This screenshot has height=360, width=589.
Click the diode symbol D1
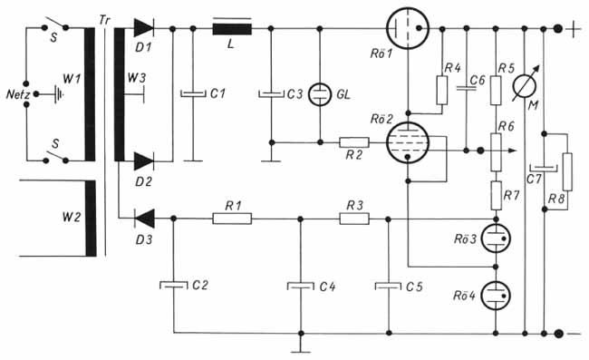click(x=143, y=28)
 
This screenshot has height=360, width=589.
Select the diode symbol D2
click(x=143, y=161)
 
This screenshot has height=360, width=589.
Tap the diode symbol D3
click(x=145, y=218)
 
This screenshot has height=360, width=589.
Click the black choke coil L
click(x=232, y=28)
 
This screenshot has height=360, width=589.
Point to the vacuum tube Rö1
click(x=408, y=28)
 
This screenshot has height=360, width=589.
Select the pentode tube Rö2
click(x=408, y=142)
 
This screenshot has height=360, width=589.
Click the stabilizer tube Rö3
click(x=496, y=238)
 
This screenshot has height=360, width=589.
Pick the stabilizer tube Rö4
click(x=496, y=296)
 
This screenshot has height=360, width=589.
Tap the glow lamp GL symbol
click(x=320, y=94)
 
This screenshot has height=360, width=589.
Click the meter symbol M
click(x=525, y=85)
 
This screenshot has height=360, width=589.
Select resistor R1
click(x=232, y=219)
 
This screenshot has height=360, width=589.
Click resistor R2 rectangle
click(x=354, y=142)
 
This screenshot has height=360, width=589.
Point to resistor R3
click(x=354, y=219)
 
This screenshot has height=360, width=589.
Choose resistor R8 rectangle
click(x=567, y=171)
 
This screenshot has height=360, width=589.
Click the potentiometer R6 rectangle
click(x=496, y=151)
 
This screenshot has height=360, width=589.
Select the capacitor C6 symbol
click(x=466, y=89)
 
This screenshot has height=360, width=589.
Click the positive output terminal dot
click(x=558, y=28)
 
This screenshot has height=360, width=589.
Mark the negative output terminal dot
click(x=558, y=334)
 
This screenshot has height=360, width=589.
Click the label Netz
click(x=17, y=94)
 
